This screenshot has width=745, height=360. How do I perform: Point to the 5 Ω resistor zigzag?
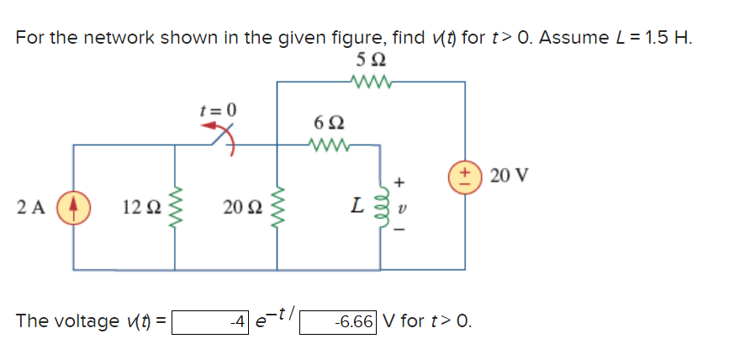(367, 82)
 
